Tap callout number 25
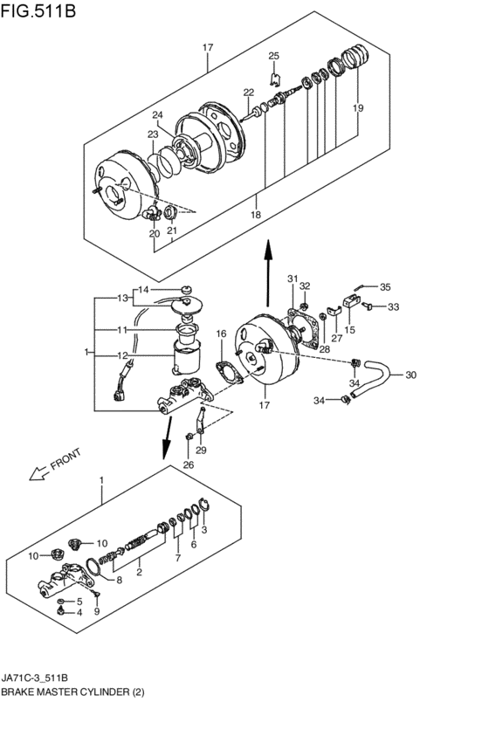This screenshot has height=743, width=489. click(x=273, y=57)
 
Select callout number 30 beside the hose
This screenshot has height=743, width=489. click(x=410, y=375)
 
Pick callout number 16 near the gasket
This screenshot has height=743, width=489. click(x=221, y=334)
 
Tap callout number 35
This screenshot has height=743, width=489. click(x=385, y=286)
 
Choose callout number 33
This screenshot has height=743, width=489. click(x=394, y=306)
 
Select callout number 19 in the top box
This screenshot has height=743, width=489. click(x=358, y=108)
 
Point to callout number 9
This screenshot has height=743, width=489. click(x=97, y=610)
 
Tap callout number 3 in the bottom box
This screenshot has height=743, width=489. click(x=204, y=529)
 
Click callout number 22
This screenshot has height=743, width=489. click(x=248, y=92)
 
